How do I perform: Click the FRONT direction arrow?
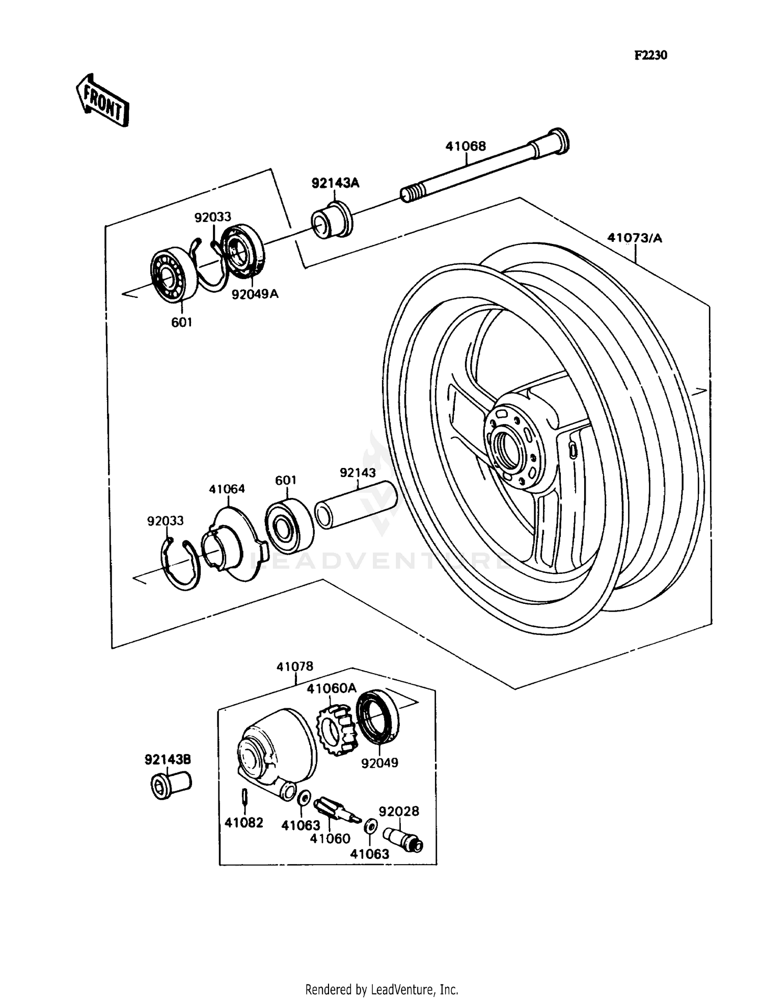[x=102, y=101]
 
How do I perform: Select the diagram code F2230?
[x=650, y=55]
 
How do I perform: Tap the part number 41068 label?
[x=466, y=146]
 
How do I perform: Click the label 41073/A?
[x=634, y=238]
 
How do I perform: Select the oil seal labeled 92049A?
[x=243, y=251]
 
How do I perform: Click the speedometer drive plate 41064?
[x=233, y=545]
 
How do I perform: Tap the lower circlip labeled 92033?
[x=181, y=564]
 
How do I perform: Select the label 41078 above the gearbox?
[x=295, y=667]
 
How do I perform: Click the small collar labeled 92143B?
[x=171, y=785]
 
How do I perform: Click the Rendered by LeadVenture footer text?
[x=381, y=990]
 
